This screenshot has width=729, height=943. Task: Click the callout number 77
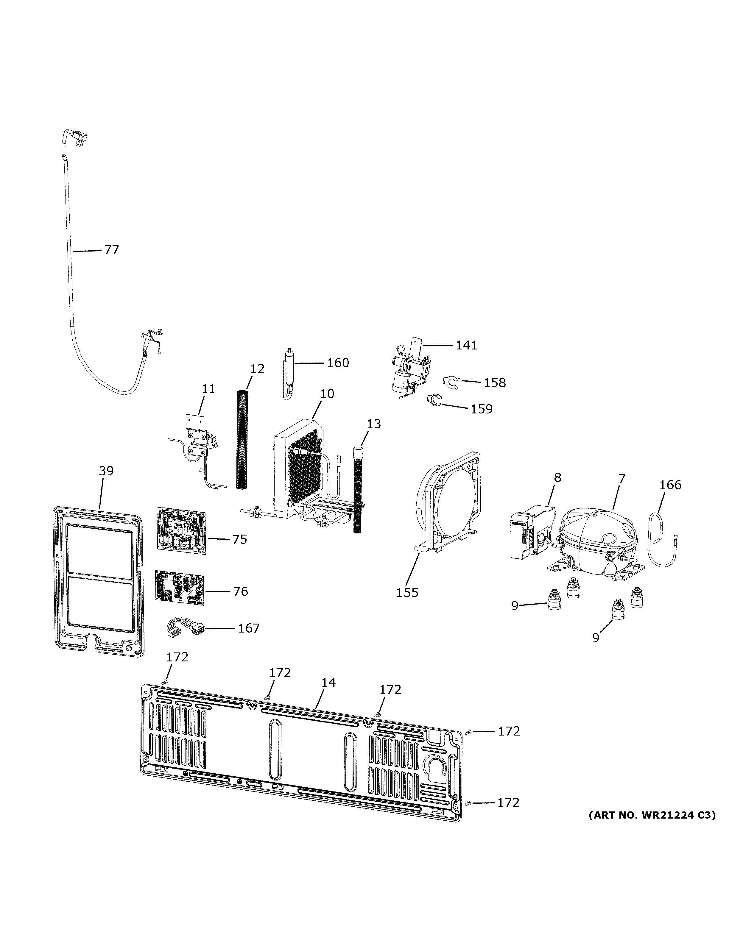coord(111,250)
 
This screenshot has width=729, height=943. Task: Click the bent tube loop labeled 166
coord(660,535)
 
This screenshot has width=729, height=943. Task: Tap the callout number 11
coord(208,389)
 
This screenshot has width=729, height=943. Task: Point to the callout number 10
coord(327,394)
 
